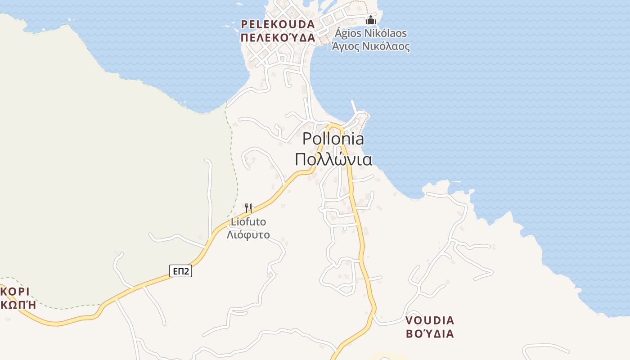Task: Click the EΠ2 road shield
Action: [x=181, y=270]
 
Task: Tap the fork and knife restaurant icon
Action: [x=248, y=208]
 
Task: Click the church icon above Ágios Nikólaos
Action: [x=370, y=20]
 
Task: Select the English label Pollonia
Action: [x=333, y=139]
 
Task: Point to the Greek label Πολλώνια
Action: [x=333, y=159]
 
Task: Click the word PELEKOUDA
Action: [x=277, y=24]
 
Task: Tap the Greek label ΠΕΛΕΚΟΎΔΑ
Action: [x=278, y=37]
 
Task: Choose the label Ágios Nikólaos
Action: [x=371, y=33]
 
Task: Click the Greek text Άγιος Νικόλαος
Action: [x=371, y=46]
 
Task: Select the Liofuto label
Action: [x=248, y=222]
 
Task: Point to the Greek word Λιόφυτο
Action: [x=248, y=234]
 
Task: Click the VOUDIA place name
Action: [x=430, y=321]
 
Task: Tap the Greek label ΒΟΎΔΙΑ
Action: [x=430, y=334]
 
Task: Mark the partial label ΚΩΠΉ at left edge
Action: [x=18, y=305]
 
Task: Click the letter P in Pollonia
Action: [x=307, y=139]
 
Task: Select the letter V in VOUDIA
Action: [x=409, y=321]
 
